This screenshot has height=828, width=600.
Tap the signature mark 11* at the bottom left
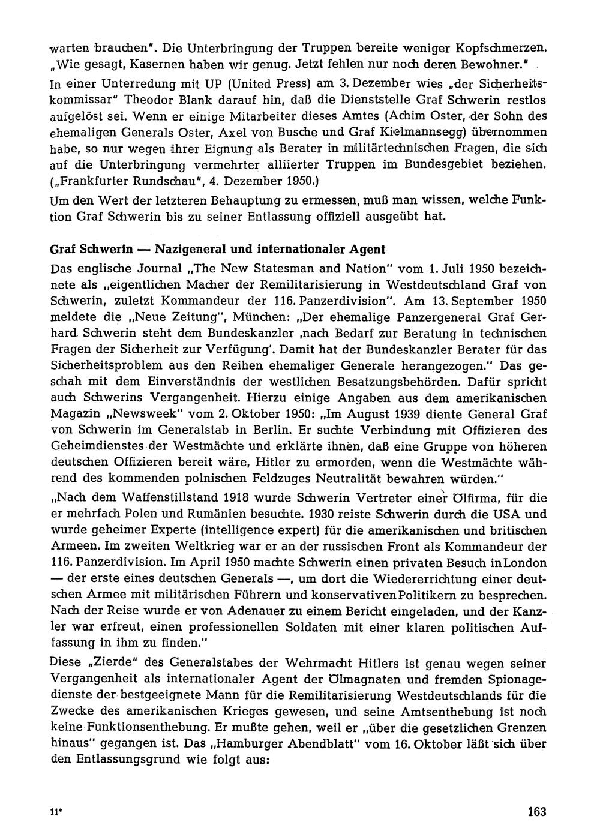(56, 811)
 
